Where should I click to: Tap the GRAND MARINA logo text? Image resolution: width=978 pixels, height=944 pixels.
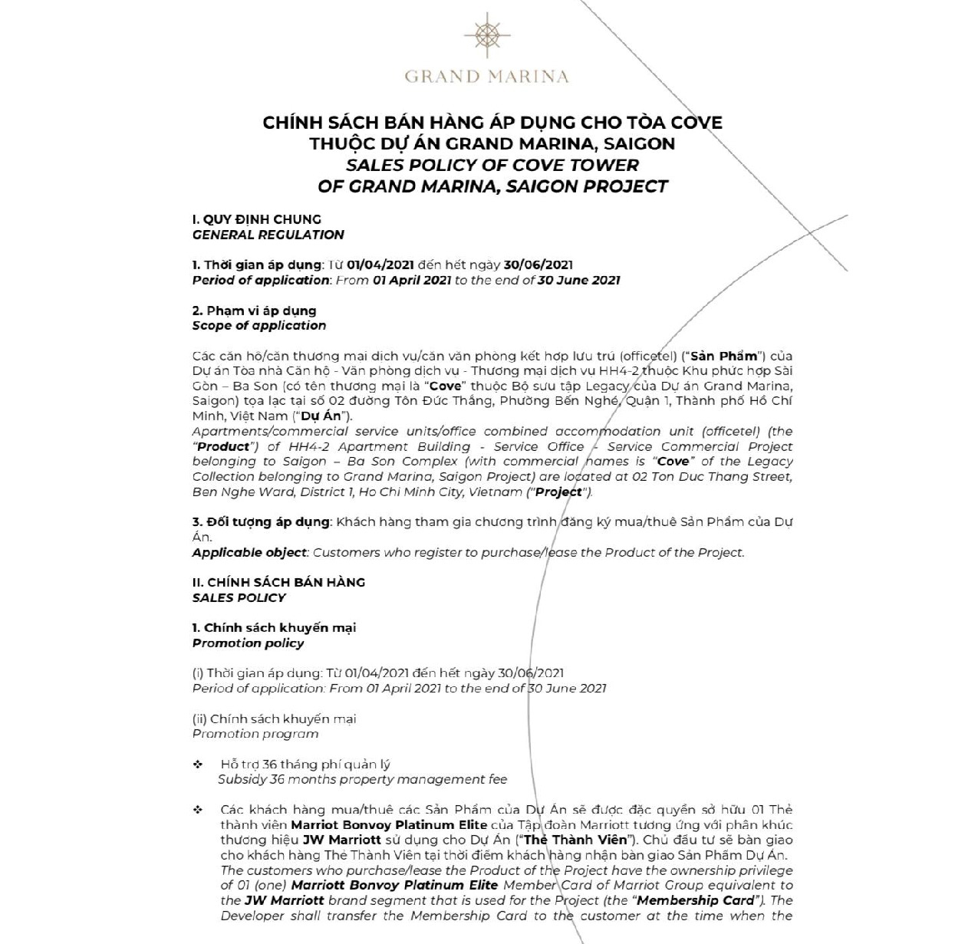pos(486,77)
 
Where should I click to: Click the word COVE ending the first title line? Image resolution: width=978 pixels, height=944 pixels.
pos(696,123)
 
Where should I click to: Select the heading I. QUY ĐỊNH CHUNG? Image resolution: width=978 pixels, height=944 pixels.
pos(256,219)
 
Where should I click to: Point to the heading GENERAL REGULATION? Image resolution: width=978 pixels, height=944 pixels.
pos(268,235)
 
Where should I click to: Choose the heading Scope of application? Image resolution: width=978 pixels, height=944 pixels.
pos(258,325)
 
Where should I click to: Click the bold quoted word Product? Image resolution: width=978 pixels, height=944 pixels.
pos(224,446)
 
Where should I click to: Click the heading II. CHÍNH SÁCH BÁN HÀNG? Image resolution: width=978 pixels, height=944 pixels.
pos(278,582)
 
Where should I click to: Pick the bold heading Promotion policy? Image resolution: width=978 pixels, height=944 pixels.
pos(248,643)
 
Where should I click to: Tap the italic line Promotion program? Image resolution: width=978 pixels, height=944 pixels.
pos(255,734)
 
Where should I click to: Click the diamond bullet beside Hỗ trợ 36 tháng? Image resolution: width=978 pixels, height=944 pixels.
pos(198,765)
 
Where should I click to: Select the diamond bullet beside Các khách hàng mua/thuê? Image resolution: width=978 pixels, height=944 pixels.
pos(198,810)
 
